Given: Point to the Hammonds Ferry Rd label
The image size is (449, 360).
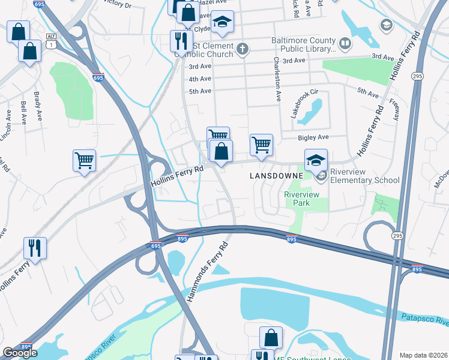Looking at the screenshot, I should tap(208, 271).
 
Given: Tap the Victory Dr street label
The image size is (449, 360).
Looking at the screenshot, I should tap(117, 4).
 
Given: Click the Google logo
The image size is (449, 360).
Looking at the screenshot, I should tap(20, 353).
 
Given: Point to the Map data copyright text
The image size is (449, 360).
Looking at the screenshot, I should tap(423, 355).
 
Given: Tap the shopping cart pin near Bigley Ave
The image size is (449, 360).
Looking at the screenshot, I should tap(261, 145).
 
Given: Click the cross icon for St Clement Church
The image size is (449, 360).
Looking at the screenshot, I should tap(243, 49).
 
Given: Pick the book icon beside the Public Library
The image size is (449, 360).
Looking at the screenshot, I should tap(345, 44).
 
